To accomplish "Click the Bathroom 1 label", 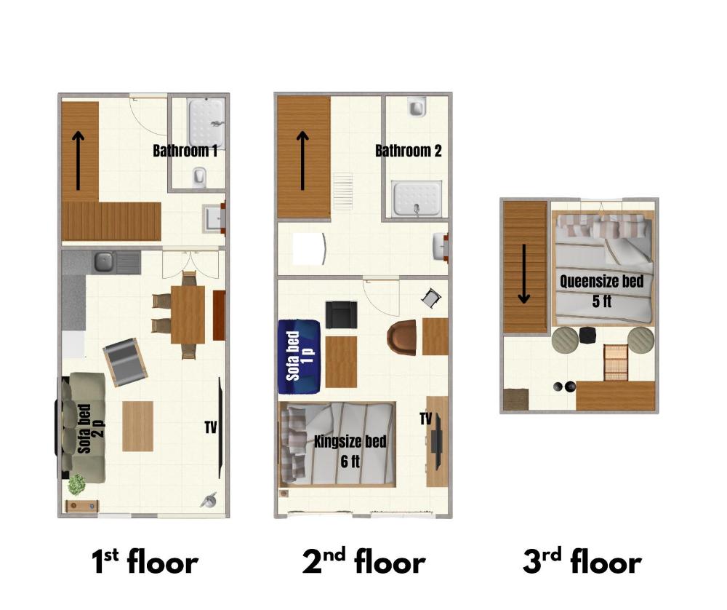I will [x=185, y=151].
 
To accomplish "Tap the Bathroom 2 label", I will [x=408, y=151].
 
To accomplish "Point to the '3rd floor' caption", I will [x=582, y=562].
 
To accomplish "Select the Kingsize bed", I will [x=337, y=444].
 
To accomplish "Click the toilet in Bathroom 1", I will [x=200, y=176].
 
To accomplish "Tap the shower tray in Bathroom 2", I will [x=417, y=198].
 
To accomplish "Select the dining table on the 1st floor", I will [x=188, y=314].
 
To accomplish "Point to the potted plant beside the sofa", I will [x=76, y=483].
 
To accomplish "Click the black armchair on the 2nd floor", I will [x=341, y=314].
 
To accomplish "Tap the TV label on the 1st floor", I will [x=211, y=427].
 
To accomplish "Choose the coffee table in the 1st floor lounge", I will [x=137, y=426].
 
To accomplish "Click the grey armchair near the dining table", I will [x=124, y=361].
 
